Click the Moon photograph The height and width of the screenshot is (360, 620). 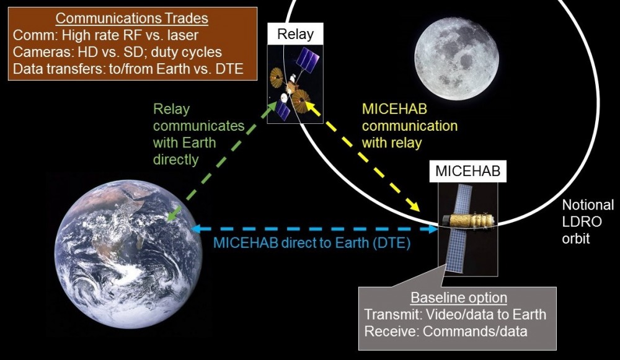click(456, 58)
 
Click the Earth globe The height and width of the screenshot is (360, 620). click(128, 254)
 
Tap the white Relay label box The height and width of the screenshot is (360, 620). click(295, 34)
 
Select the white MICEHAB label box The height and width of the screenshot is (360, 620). click(467, 171)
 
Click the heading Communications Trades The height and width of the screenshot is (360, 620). click(131, 18)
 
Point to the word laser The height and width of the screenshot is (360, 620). click(183, 35)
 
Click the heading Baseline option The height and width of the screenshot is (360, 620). click(459, 297)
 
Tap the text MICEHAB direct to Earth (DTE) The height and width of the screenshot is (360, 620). click(312, 243)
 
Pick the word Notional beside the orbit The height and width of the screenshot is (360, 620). click(588, 204)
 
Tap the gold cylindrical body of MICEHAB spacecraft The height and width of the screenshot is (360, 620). click(469, 221)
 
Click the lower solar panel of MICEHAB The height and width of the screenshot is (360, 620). click(456, 251)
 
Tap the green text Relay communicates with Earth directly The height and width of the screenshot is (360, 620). click(198, 134)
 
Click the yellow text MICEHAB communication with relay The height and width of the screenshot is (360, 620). click(410, 126)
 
